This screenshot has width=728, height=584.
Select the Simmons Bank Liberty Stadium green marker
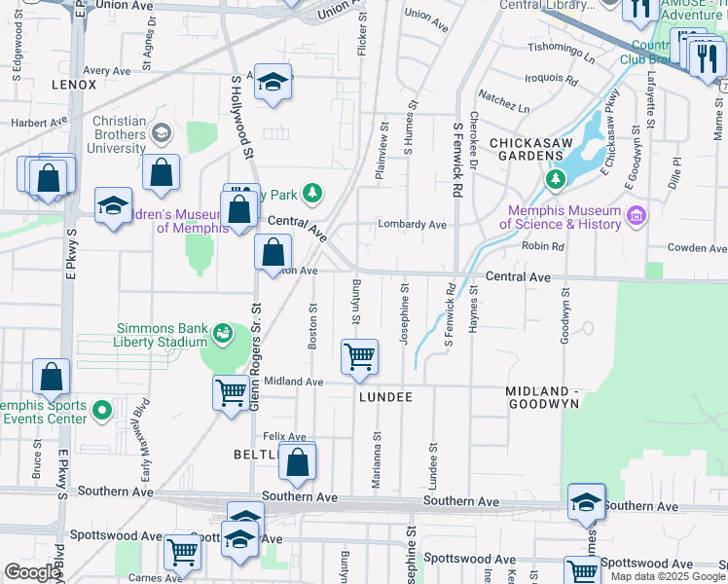(223, 334)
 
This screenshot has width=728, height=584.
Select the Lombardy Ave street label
(413, 225)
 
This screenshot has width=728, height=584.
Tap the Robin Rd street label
(543, 247)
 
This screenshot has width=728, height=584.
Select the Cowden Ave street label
(697, 248)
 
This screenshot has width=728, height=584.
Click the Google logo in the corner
(32, 572)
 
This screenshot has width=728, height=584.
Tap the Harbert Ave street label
(39, 123)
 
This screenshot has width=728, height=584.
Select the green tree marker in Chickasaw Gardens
(555, 179)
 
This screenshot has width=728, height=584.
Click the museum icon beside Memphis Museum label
(637, 214)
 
